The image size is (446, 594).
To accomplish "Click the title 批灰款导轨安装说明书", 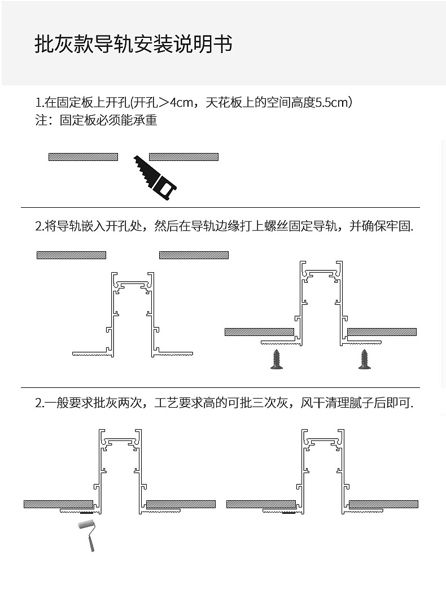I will (133, 45).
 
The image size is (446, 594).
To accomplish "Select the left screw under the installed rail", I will (277, 360).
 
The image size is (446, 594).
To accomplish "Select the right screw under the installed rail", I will (365, 360).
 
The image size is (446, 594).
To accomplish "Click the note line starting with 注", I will (96, 120).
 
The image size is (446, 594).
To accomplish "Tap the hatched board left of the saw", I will (83, 157).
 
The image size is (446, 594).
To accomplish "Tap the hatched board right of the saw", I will (183, 157).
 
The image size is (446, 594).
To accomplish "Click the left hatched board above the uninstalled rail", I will (71, 255).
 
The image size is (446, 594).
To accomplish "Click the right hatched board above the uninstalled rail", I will (194, 255).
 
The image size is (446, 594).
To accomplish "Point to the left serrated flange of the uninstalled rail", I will (91, 354).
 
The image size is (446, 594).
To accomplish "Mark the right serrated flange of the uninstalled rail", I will (174, 354).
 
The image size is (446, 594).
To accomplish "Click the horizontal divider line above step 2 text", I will (220, 207).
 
